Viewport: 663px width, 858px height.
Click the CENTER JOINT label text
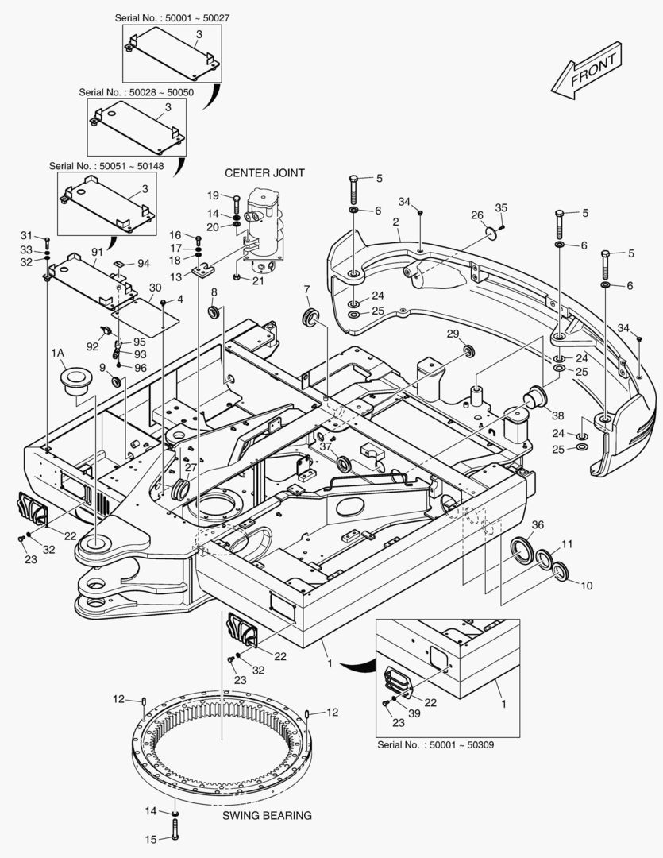coord(264,173)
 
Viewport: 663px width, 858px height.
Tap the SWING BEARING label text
coord(267,815)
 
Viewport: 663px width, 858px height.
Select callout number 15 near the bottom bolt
coord(150,840)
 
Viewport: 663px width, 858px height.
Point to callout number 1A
coord(57,354)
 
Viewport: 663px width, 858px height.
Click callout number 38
coord(557,415)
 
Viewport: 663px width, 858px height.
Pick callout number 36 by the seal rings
coord(538,525)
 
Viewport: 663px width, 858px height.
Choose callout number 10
coord(587,586)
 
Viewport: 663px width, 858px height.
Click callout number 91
coord(97,253)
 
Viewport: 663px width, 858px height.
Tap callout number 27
coord(191,467)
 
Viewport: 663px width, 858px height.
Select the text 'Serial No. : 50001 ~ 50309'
coord(435,744)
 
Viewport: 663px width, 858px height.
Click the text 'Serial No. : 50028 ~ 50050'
coord(137,92)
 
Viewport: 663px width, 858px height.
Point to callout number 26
coord(477,215)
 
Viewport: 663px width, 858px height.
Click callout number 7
coord(306,289)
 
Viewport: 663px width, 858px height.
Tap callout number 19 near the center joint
coord(213,195)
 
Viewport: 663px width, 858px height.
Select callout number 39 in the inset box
coord(414,713)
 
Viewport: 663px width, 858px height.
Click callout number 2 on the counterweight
coord(395,222)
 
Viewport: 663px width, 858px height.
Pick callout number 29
coord(453,334)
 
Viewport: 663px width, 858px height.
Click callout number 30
coord(156,288)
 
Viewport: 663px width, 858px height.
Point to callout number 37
coord(326,446)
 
